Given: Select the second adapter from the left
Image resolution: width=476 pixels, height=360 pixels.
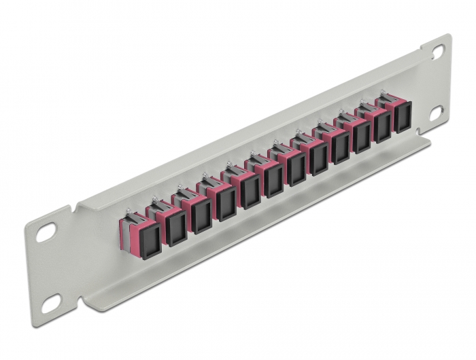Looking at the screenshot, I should (175, 224).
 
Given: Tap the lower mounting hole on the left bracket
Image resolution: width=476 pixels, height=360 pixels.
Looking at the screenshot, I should (50, 307).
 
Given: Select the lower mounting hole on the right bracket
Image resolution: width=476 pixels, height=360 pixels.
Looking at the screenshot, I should (436, 111).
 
